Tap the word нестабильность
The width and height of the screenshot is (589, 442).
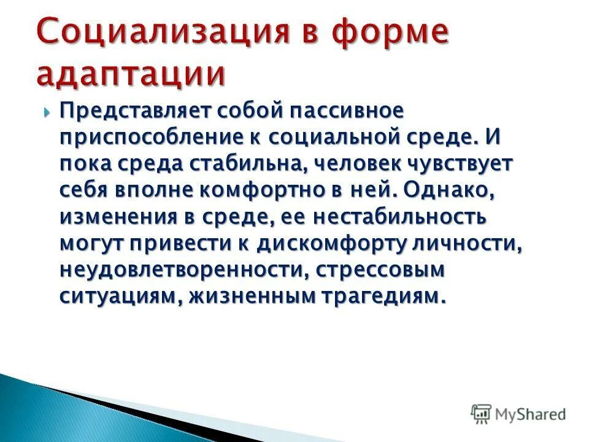[x=394, y=217]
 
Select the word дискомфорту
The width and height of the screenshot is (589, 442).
[x=331, y=244]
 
